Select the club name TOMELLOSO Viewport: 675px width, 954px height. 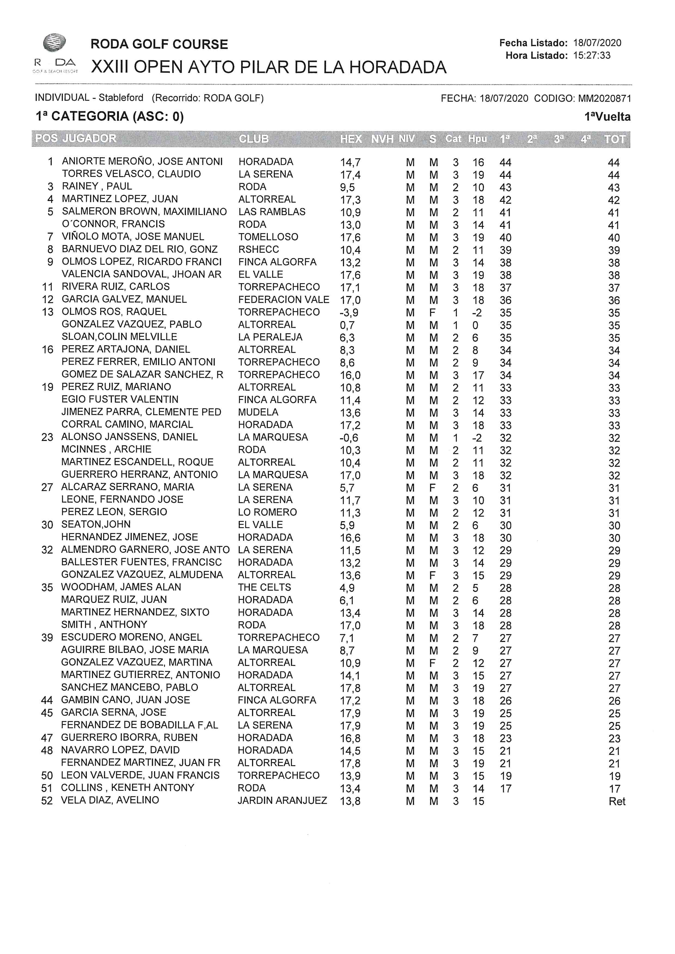tap(268, 237)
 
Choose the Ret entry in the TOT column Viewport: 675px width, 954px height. tap(617, 801)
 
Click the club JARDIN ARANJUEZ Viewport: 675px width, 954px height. tap(282, 800)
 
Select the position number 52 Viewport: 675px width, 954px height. tap(47, 800)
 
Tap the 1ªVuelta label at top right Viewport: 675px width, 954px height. tap(607, 117)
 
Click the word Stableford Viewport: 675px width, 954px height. tap(121, 98)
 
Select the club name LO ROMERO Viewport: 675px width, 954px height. tap(267, 512)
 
